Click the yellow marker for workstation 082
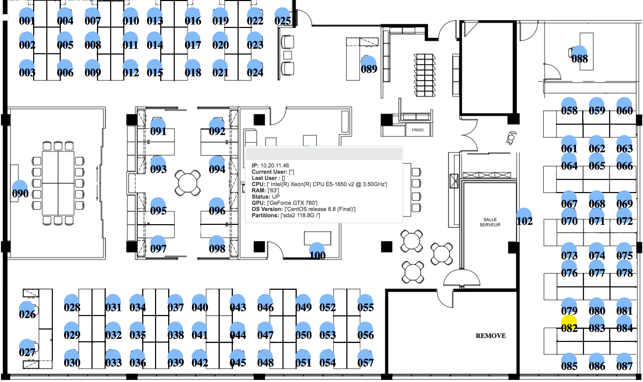tap(569, 323)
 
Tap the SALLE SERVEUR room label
tap(490, 222)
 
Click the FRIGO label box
tap(418, 130)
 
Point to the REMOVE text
tap(490, 336)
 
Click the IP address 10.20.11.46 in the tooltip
tap(275, 165)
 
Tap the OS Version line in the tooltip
tap(303, 209)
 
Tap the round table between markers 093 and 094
tap(188, 183)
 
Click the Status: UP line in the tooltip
tap(266, 197)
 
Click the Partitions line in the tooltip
tap(286, 215)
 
